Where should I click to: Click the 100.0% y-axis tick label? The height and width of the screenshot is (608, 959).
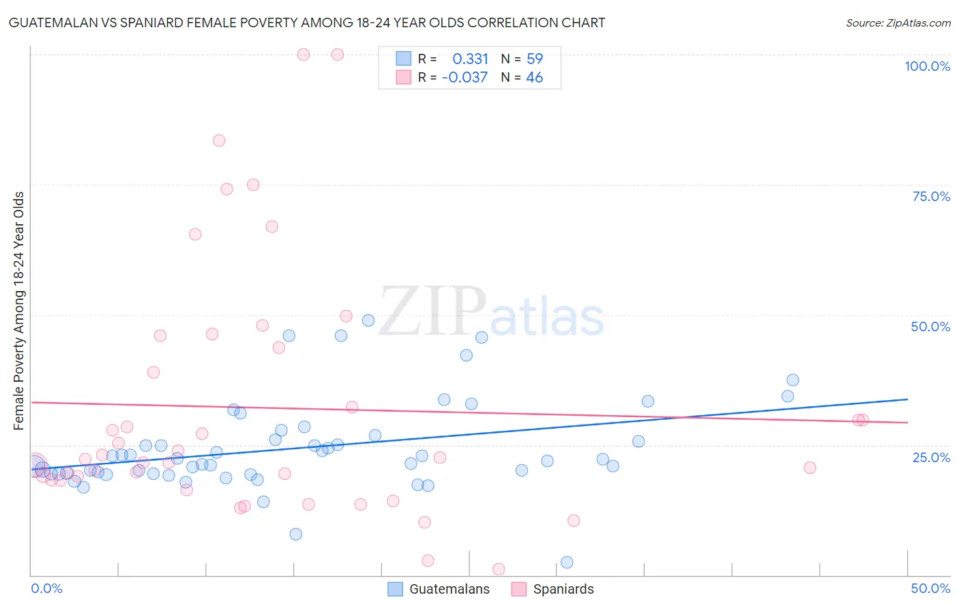[x=927, y=66]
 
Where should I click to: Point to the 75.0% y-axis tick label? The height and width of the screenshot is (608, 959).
[x=931, y=196]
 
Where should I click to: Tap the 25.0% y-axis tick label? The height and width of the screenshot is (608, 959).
[x=931, y=457]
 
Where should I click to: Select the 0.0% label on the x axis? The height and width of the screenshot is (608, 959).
[x=46, y=588]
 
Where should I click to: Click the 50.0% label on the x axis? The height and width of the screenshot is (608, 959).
[x=930, y=588]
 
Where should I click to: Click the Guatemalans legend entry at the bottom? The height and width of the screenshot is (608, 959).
[x=439, y=589]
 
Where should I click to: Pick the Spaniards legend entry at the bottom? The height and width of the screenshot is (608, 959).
[x=552, y=589]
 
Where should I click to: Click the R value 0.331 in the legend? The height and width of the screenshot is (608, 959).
[x=470, y=59]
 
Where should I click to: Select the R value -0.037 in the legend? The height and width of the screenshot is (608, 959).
[x=464, y=78]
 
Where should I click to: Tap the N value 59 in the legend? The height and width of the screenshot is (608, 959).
[x=534, y=59]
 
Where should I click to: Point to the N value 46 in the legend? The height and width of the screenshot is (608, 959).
[x=534, y=78]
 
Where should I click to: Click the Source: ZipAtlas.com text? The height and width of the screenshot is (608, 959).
[x=898, y=23]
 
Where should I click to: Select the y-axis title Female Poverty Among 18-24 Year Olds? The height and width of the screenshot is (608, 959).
[x=19, y=311]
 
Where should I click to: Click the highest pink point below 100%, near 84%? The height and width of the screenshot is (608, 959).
[x=219, y=140]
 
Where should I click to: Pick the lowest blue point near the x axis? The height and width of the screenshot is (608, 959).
[x=567, y=562]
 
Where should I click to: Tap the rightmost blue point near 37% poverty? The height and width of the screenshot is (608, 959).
[x=793, y=380]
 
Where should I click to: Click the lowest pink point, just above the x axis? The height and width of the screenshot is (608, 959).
[x=499, y=569]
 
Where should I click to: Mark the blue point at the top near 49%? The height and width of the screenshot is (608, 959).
[x=368, y=320]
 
